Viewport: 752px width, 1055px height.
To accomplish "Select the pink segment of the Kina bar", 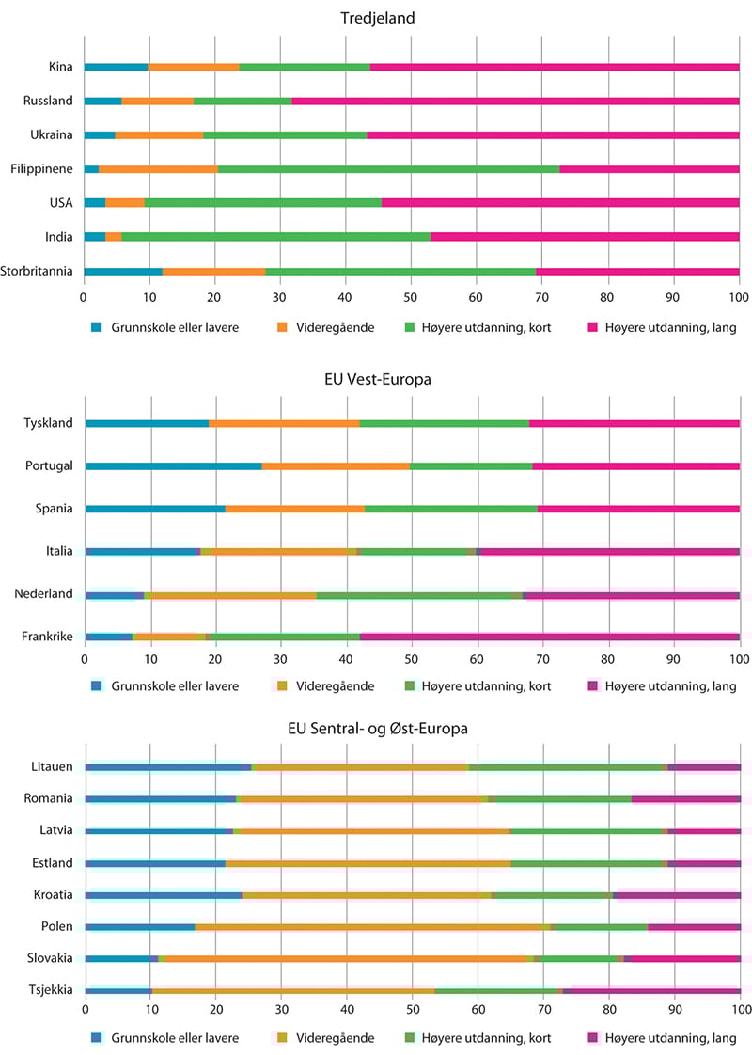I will click(555, 68).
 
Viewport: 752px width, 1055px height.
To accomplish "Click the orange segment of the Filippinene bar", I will click(158, 169).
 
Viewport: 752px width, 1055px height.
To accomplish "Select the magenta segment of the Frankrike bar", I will click(550, 637).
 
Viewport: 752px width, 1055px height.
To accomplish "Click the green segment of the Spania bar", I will click(451, 509).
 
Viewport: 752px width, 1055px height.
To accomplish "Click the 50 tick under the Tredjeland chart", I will click(412, 297).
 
